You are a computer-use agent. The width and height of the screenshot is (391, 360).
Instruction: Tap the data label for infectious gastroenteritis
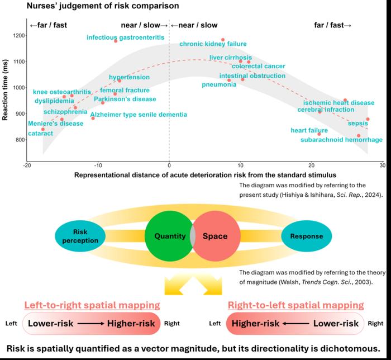click(x=126, y=37)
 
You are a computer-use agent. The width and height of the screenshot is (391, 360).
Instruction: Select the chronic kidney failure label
click(x=205, y=44)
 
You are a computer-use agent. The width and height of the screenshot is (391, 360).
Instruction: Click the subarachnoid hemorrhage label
click(x=341, y=140)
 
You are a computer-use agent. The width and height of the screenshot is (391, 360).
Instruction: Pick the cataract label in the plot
click(x=40, y=134)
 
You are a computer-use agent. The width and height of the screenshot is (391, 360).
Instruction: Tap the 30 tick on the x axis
click(x=383, y=165)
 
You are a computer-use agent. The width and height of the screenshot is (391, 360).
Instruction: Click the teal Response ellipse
click(x=307, y=236)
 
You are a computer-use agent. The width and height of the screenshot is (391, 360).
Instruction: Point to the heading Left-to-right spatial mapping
click(x=92, y=305)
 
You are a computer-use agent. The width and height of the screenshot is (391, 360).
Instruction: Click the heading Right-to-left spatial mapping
click(x=295, y=305)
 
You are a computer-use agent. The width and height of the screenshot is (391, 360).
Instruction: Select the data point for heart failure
click(x=319, y=134)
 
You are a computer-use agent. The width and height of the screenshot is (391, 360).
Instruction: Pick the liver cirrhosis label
click(x=231, y=57)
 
